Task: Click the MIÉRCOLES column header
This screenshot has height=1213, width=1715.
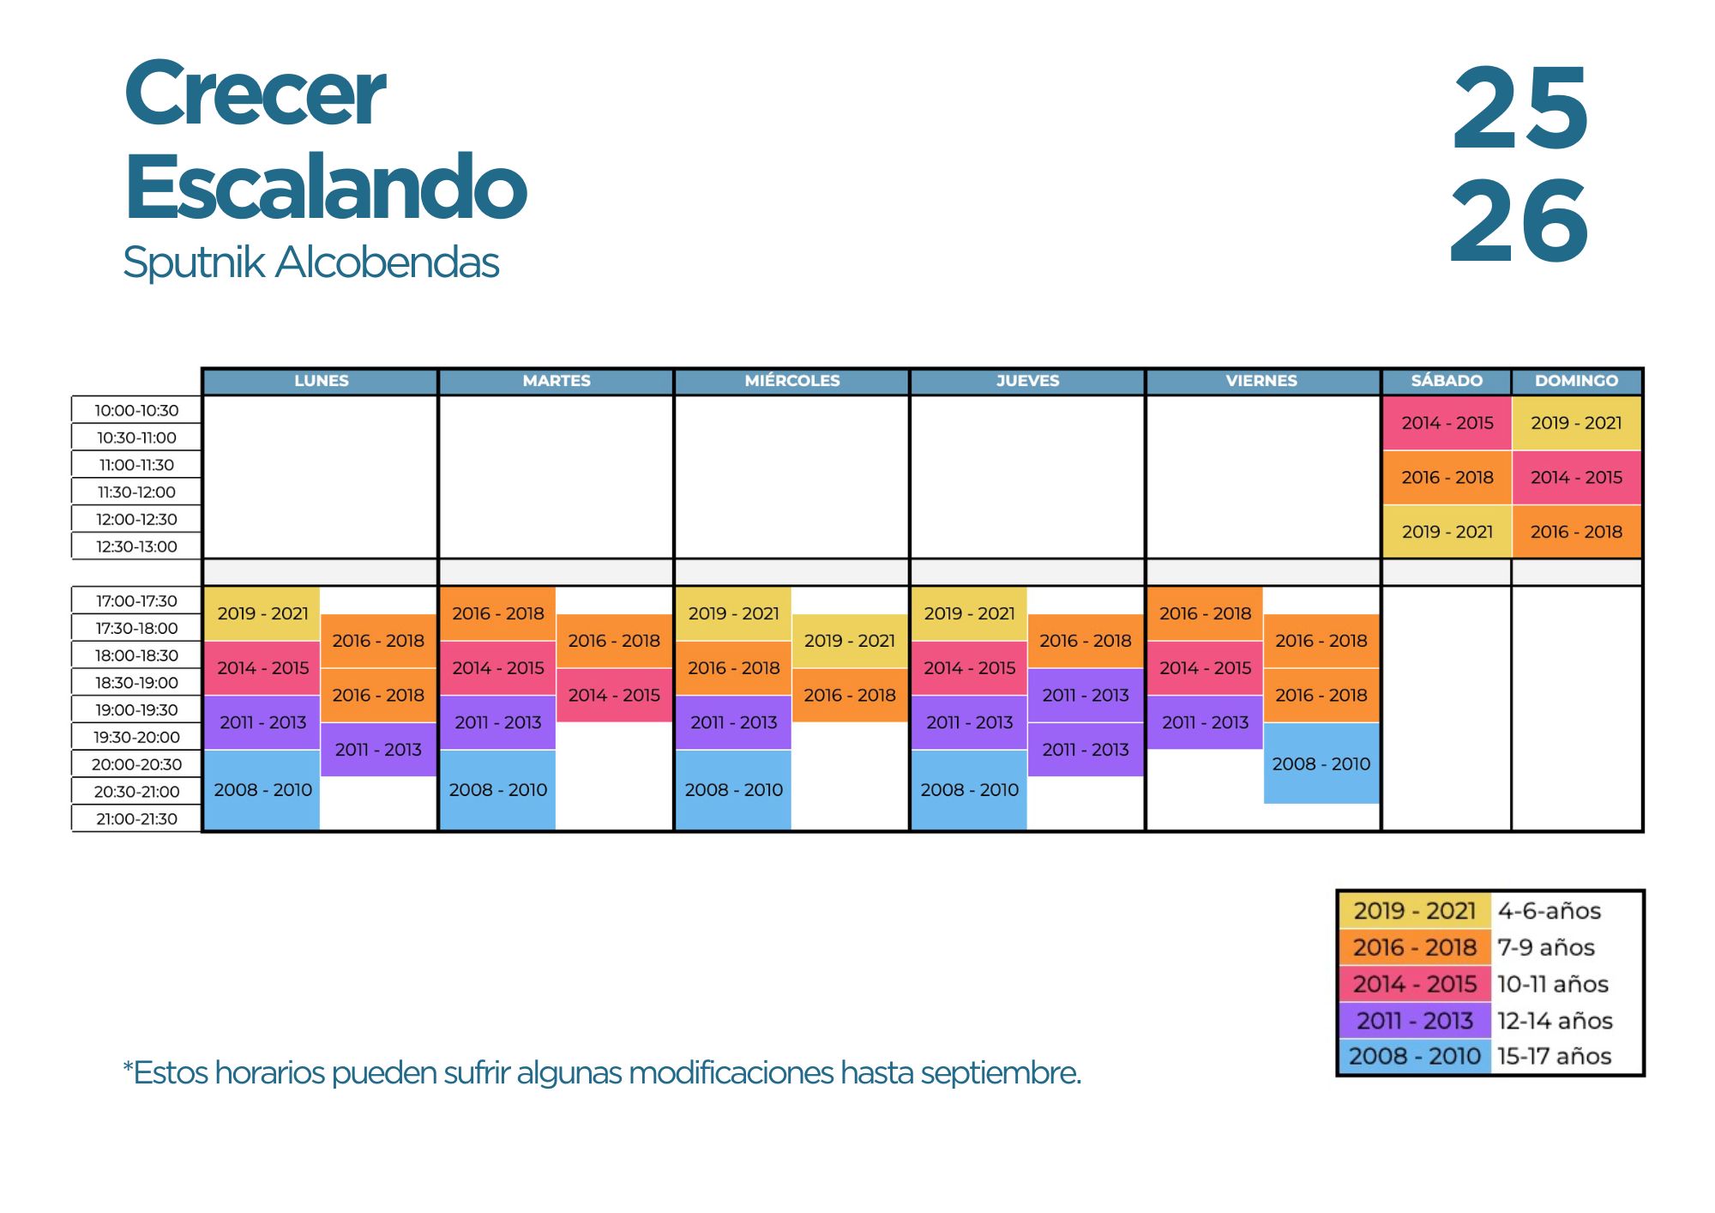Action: (791, 381)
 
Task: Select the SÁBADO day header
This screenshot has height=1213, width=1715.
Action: (1447, 381)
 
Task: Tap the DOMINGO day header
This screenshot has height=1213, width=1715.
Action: (1576, 381)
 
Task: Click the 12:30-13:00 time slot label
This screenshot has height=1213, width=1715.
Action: (136, 546)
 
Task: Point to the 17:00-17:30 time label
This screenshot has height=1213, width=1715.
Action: (136, 601)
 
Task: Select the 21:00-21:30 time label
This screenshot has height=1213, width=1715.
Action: (136, 819)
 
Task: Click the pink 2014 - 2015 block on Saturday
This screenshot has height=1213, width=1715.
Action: (1447, 423)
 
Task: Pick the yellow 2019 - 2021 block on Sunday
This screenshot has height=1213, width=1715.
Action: (1576, 423)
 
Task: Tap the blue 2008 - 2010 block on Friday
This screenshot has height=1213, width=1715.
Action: (1321, 763)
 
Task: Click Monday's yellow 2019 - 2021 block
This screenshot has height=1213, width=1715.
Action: (262, 613)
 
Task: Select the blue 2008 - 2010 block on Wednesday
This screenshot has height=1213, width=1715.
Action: (733, 790)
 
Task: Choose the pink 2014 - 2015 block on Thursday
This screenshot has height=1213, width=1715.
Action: (969, 668)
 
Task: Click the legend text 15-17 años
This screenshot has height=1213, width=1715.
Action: (1555, 1056)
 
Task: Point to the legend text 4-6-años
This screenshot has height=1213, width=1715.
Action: (1550, 911)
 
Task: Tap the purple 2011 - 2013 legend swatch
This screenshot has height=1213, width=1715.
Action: (1415, 1020)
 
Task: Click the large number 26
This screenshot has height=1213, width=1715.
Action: (1519, 221)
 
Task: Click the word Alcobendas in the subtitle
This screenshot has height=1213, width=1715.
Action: (387, 262)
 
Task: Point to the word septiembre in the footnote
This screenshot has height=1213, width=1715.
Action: (1001, 1073)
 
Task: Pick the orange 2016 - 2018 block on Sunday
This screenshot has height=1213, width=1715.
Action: (1576, 532)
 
